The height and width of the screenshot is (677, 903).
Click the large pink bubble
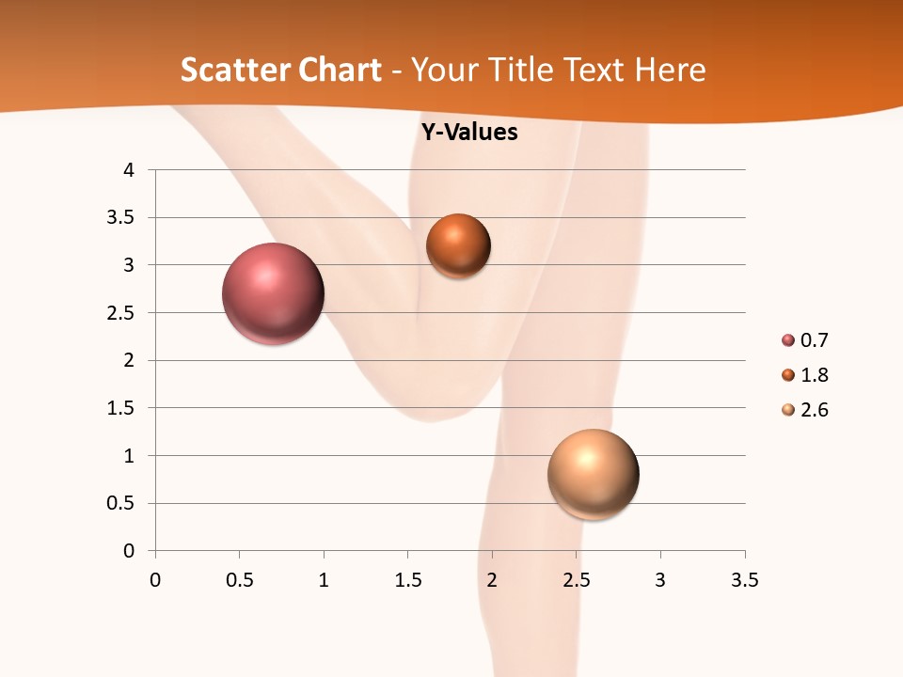click(x=274, y=293)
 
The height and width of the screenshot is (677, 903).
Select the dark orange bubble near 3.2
click(x=458, y=245)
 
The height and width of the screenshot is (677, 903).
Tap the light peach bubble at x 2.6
click(x=593, y=474)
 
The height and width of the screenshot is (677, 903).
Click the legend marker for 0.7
click(x=788, y=340)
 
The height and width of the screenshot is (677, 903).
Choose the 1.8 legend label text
click(x=814, y=375)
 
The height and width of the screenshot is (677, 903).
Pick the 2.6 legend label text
click(x=814, y=410)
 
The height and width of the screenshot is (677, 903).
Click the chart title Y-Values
click(x=469, y=133)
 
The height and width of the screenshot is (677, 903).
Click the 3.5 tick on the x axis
click(x=744, y=580)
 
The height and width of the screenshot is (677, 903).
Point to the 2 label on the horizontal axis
click(x=492, y=580)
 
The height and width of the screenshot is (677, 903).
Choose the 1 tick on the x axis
click(x=324, y=580)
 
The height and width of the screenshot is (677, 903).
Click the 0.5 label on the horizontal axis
click(x=239, y=580)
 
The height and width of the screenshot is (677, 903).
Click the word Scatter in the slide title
click(x=229, y=70)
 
